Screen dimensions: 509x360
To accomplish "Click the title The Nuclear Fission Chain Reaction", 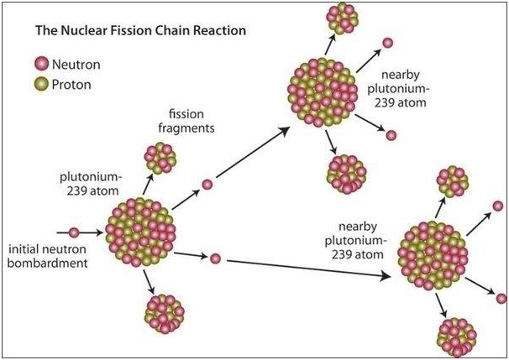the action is click(x=140, y=30).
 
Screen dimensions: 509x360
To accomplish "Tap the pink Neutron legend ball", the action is click(x=41, y=64).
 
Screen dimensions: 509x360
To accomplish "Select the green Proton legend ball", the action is click(x=41, y=84).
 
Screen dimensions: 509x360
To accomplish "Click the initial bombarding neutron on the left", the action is click(x=74, y=232).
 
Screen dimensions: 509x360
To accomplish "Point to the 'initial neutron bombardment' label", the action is click(x=47, y=256).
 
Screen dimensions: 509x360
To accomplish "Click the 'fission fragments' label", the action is click(x=186, y=121).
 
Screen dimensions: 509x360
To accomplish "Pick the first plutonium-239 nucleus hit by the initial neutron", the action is click(x=140, y=232).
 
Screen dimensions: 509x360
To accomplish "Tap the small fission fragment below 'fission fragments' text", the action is click(x=160, y=159).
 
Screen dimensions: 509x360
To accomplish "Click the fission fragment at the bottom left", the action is click(x=165, y=314).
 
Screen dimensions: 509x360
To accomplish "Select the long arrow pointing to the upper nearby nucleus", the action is click(x=253, y=153).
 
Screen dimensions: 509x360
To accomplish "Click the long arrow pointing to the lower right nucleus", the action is click(x=309, y=269).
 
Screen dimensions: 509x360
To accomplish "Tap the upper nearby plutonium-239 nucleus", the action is click(x=323, y=92).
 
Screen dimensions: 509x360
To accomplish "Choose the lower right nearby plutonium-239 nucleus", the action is click(x=433, y=255).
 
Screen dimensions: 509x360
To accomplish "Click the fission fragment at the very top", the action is click(x=342, y=18).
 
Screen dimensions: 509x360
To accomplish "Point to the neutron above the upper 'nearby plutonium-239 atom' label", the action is click(x=387, y=43).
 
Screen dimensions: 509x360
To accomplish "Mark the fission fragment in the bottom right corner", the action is click(x=457, y=337).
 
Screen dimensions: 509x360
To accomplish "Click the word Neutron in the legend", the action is click(x=76, y=65).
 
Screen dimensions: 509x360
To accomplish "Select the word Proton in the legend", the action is click(x=71, y=85).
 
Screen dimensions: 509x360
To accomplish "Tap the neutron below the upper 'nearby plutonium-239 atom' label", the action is click(x=391, y=135).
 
